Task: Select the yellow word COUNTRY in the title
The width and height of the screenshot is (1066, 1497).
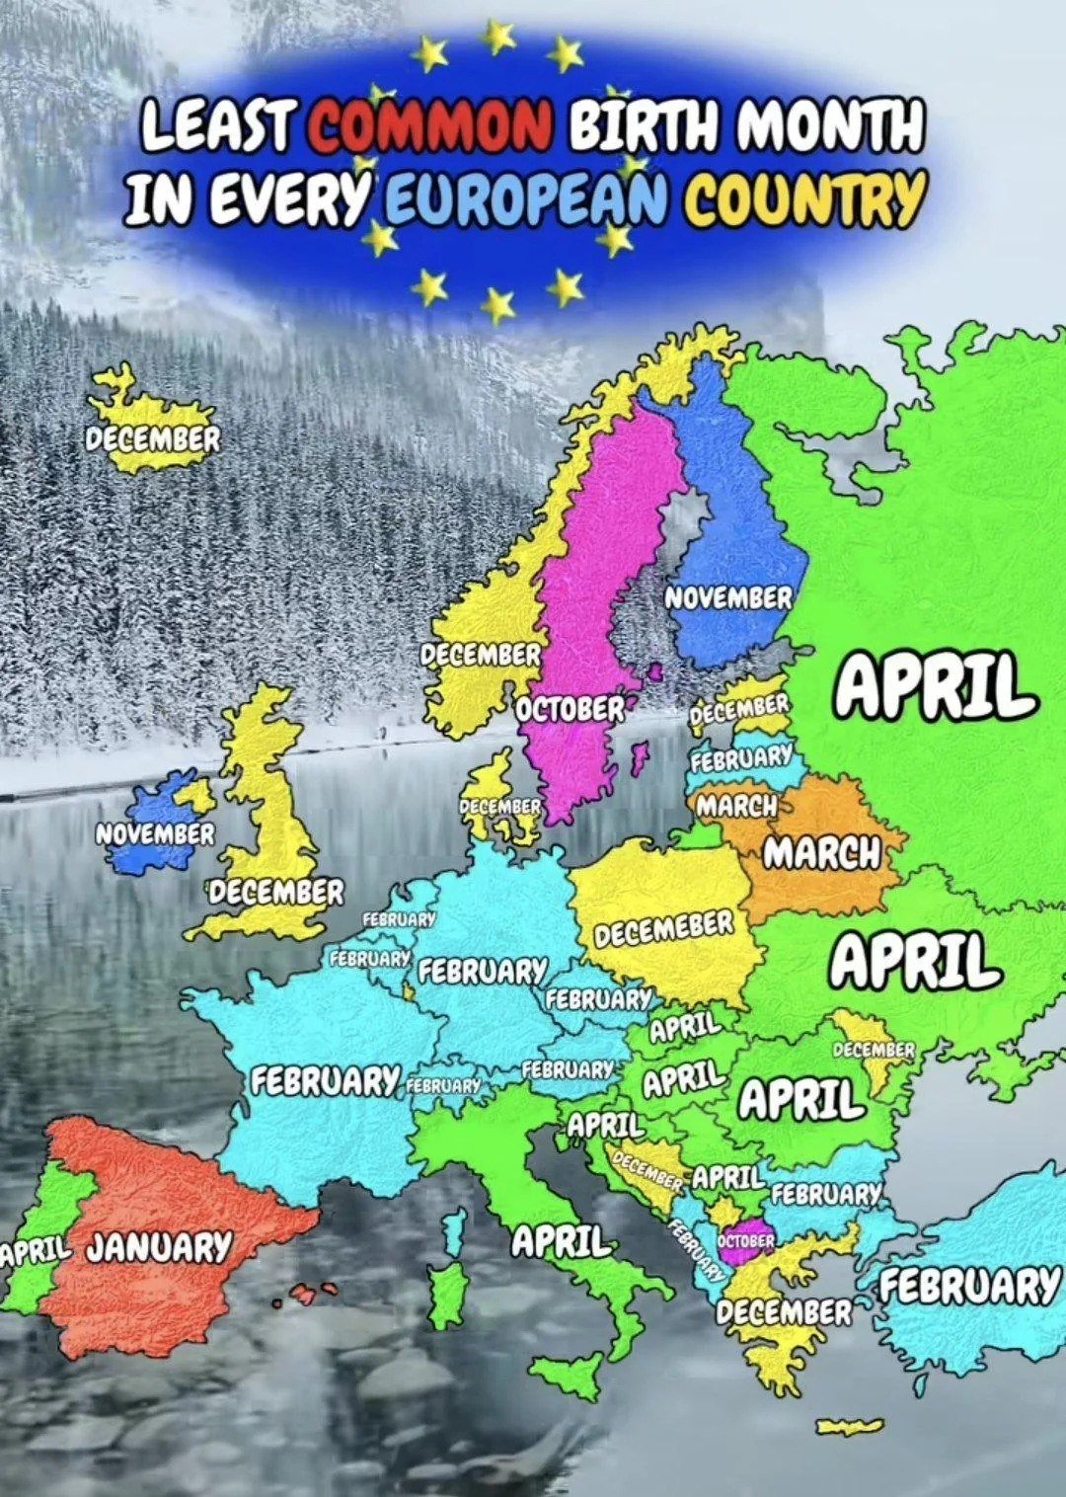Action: tap(805, 197)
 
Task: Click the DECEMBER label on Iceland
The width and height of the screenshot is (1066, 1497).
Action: tap(152, 438)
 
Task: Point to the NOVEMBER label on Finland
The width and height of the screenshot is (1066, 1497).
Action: tap(728, 598)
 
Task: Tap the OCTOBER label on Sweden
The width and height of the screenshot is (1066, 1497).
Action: tap(571, 709)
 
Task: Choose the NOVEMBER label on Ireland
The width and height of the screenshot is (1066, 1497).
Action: tap(154, 834)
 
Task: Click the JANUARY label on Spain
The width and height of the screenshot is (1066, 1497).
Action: tap(159, 1247)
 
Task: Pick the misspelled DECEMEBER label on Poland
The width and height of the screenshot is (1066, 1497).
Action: tap(664, 929)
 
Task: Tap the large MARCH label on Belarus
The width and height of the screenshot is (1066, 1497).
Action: tap(821, 852)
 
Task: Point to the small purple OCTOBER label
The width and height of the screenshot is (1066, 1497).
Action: tap(746, 1240)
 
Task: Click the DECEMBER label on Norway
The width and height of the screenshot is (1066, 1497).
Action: tap(481, 655)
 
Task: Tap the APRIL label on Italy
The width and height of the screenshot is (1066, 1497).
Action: tap(560, 1241)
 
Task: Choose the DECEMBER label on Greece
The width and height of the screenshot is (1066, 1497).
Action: tap(784, 1311)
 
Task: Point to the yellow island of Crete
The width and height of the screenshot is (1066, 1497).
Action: tap(850, 1425)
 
